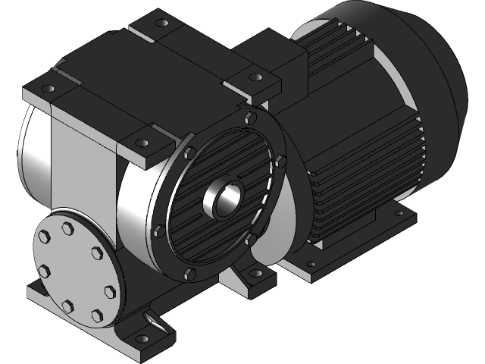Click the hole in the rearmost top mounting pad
point(160,24)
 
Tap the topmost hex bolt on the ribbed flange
point(250,117)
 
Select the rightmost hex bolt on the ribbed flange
point(280,160)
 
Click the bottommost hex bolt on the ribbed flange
point(189,272)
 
